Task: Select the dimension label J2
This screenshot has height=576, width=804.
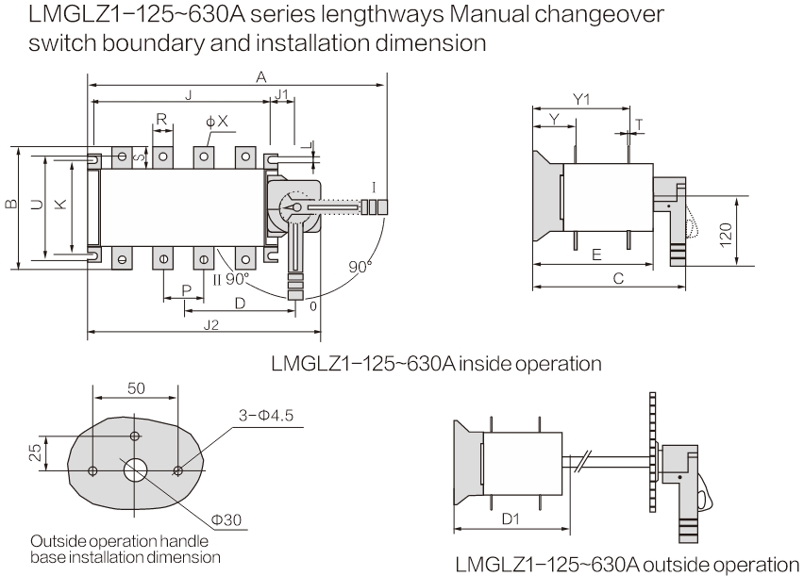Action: pos(210,323)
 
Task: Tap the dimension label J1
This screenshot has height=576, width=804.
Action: pos(282,94)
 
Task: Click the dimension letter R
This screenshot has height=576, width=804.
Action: pos(161,120)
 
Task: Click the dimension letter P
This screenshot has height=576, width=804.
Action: pos(187,289)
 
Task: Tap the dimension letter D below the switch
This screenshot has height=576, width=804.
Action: pos(240,303)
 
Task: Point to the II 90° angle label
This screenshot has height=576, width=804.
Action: pos(231,278)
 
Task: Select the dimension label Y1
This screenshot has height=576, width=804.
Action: pos(582,99)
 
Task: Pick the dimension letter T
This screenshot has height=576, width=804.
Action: pos(639,123)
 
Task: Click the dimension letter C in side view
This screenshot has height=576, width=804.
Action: pos(617,278)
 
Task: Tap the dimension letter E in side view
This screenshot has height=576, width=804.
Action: pos(596,255)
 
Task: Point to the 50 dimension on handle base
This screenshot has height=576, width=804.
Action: pos(136,388)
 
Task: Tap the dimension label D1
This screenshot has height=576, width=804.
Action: pos(509,519)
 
